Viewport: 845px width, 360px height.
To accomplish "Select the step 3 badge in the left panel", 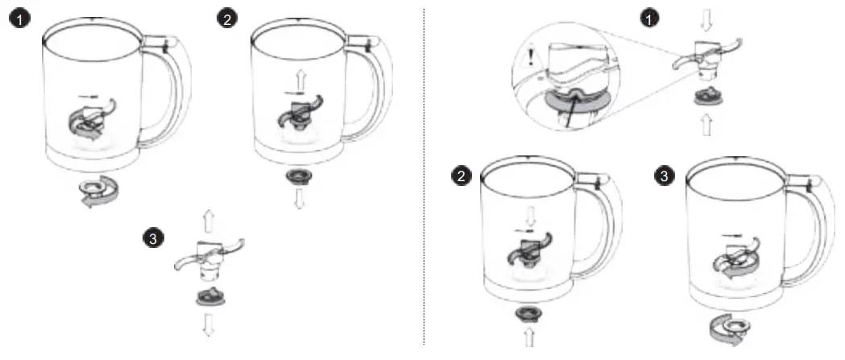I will pos(153,238).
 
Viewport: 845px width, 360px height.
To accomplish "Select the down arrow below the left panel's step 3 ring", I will pos(208,324).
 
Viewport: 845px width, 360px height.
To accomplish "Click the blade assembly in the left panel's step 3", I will pos(209,257).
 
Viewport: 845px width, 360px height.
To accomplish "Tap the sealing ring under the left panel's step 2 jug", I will pos(300,176).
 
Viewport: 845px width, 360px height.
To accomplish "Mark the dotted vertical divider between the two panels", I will pos(425,177).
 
